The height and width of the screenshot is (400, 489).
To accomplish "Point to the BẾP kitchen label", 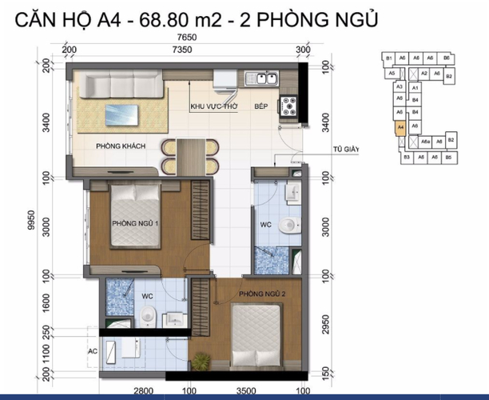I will click(x=260, y=106).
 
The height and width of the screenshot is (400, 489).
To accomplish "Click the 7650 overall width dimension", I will click(x=188, y=37).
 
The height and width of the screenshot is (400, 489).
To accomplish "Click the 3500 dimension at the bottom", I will click(x=245, y=393).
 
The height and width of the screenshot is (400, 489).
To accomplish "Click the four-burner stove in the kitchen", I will click(x=287, y=106).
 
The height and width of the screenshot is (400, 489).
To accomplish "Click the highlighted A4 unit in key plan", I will click(x=400, y=126).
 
